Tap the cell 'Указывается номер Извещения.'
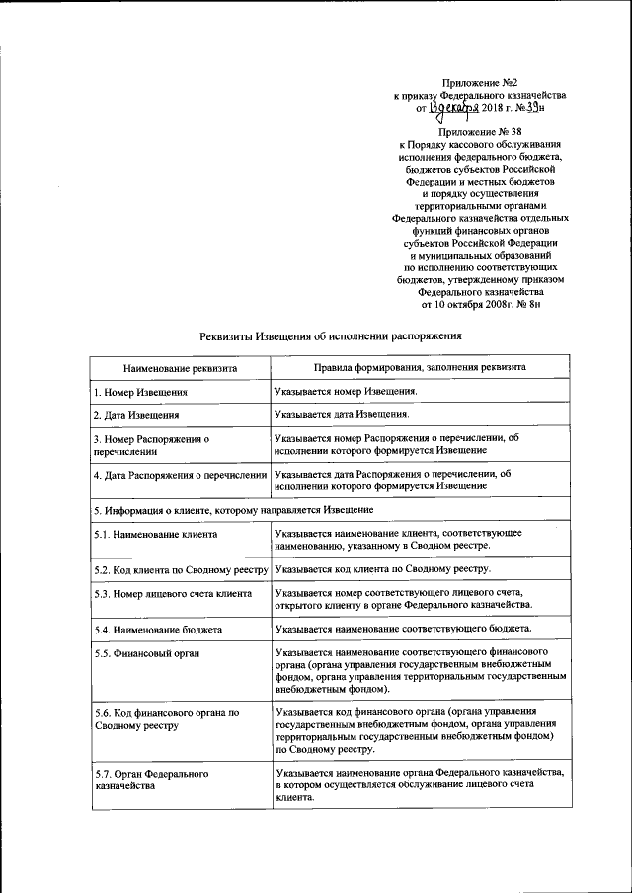[347, 392]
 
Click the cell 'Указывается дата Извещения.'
[343, 416]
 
